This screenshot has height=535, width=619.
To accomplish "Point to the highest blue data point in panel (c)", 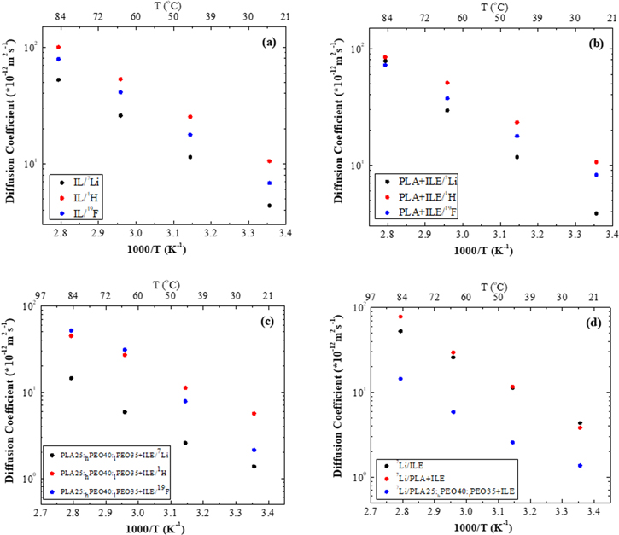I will [72, 330].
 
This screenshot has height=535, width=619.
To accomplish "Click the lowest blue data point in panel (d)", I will [580, 466].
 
